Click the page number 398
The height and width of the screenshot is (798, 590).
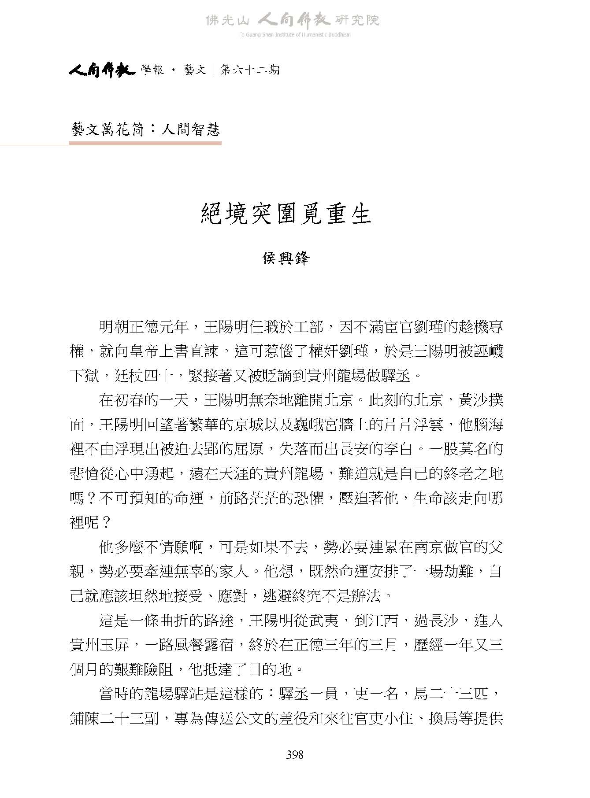coord(294,755)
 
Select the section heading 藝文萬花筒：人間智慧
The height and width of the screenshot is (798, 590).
coord(145,129)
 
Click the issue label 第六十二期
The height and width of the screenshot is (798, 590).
coord(250,70)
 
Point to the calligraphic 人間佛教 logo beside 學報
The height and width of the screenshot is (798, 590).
coord(101,70)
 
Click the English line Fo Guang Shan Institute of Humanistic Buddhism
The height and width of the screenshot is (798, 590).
coord(294,35)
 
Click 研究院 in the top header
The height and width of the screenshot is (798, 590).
coord(357,20)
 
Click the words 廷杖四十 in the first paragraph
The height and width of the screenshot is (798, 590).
coord(144,376)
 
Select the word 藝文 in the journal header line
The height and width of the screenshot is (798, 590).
coord(195,70)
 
